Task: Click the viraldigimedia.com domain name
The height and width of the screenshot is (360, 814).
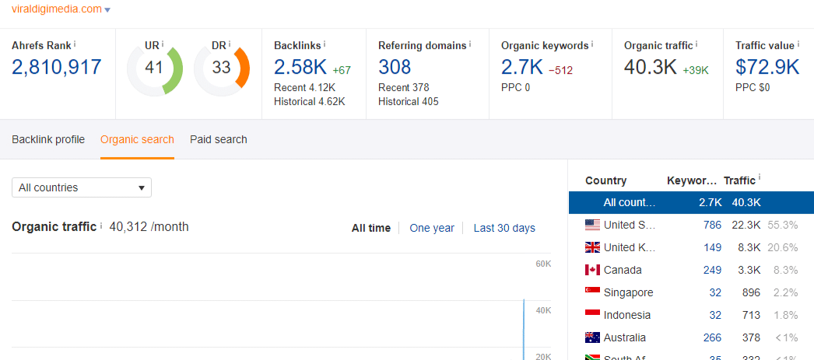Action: point(56,9)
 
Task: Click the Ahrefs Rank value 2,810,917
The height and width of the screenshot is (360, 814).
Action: point(57,67)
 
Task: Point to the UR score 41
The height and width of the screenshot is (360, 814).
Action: point(154,68)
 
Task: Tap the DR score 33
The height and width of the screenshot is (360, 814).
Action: point(222,68)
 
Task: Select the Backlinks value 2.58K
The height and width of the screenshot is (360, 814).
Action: point(300,67)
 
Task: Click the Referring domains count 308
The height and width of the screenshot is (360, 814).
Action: point(395,68)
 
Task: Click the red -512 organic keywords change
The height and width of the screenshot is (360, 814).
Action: point(560,71)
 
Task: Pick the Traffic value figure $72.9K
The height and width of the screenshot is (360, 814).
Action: point(767,67)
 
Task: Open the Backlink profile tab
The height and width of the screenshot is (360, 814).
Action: point(48,140)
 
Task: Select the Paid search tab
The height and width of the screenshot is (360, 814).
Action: point(219,140)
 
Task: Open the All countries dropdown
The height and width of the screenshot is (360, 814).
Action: point(82,187)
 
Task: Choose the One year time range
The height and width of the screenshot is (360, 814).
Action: point(432,228)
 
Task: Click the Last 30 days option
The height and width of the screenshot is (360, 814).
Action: point(504,228)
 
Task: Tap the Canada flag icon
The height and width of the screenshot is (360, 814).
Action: point(592,270)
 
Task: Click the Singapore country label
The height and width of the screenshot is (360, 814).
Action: point(628,292)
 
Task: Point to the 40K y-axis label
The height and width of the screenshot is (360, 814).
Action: point(543,311)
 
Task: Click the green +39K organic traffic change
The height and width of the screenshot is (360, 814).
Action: point(696,71)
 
